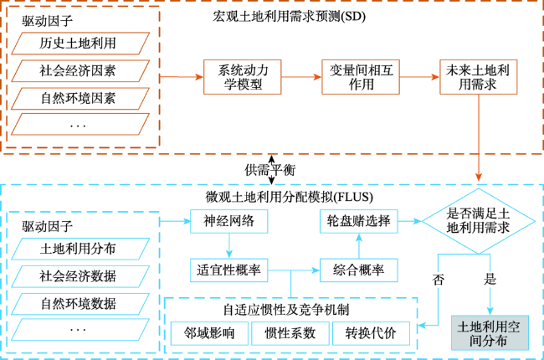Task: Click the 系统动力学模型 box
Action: [242, 77]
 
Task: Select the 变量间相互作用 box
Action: [361, 77]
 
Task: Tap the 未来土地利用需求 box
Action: [479, 77]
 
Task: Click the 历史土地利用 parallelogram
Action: [80, 44]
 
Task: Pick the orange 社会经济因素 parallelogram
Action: [80, 71]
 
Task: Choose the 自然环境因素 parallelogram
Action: [80, 99]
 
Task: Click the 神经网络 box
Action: [229, 221]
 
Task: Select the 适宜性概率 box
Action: [229, 270]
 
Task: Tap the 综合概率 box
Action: [359, 270]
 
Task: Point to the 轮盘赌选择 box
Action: [359, 221]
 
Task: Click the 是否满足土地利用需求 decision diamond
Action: [479, 221]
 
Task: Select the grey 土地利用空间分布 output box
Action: [490, 332]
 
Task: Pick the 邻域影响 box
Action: [209, 333]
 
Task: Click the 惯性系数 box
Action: [290, 333]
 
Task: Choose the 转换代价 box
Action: [372, 333]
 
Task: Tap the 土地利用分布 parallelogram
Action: [80, 249]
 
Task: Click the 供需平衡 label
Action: [270, 170]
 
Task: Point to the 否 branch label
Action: [439, 280]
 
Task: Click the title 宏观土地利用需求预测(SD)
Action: [289, 16]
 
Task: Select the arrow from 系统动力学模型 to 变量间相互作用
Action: [301, 77]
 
